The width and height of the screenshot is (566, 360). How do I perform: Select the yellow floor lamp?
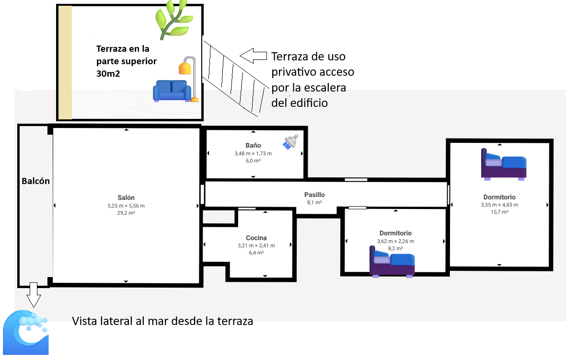point(188,77)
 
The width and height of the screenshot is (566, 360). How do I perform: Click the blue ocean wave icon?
point(26,333)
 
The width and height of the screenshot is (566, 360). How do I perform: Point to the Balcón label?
point(36,181)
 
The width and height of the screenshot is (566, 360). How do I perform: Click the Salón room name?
point(126,197)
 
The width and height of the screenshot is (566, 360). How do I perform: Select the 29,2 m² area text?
point(126,213)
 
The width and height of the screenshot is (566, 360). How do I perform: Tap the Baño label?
point(253,145)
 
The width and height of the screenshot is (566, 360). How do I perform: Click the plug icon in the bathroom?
point(290,142)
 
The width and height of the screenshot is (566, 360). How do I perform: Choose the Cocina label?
point(256,238)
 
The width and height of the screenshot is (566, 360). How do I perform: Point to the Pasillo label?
point(314,195)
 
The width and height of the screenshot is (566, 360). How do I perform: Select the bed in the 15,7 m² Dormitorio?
point(504,164)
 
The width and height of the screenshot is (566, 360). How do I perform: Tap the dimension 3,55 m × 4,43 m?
point(499,205)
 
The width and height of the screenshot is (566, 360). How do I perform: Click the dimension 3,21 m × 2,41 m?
point(256,245)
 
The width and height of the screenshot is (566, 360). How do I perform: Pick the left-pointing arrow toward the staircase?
point(253,56)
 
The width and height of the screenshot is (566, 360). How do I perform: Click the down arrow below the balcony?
point(33,294)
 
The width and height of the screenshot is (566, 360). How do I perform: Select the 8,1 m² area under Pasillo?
point(314,203)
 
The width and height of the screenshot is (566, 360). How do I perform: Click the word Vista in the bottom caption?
point(87,321)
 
